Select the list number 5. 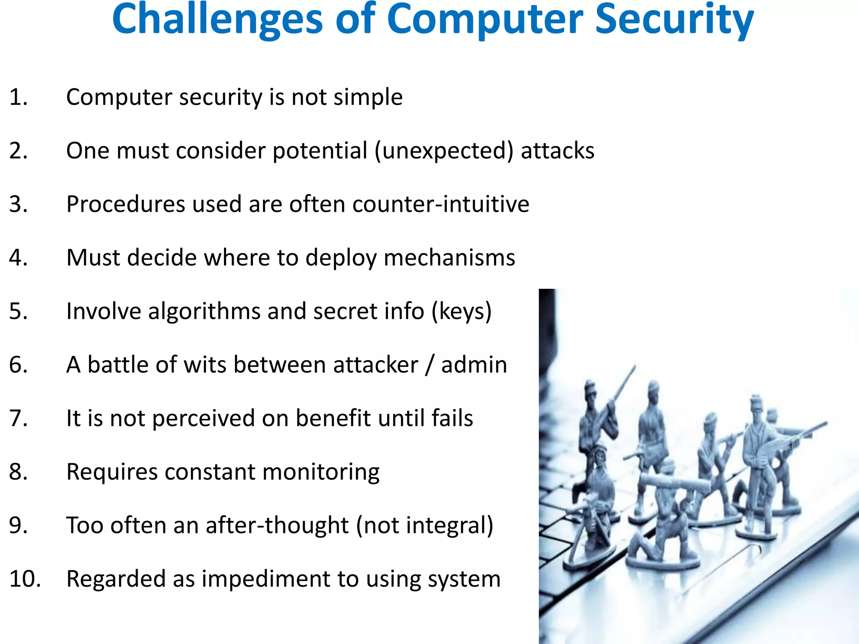click(x=18, y=311)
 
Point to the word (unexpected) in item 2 click(x=444, y=151)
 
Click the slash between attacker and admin click(x=429, y=365)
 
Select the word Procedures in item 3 click(x=125, y=204)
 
